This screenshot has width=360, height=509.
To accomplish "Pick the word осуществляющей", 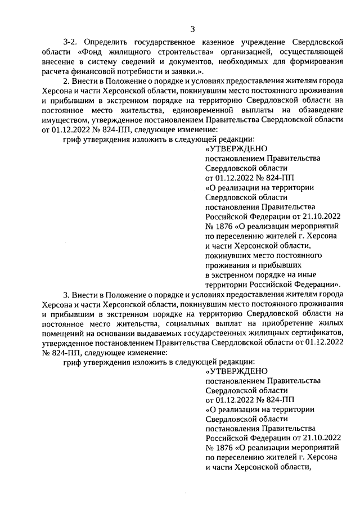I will click(x=307, y=52).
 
